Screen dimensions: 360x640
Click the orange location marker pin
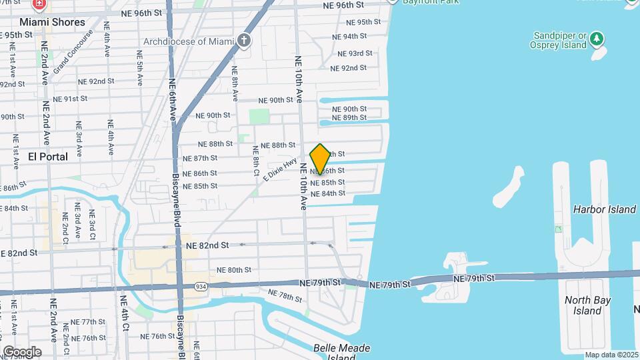(321, 159)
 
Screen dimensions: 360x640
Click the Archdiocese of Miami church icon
(244, 41)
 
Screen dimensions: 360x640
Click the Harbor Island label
(605, 209)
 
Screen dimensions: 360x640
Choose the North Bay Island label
(587, 305)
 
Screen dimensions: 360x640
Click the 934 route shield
(200, 286)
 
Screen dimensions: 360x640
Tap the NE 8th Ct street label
(255, 159)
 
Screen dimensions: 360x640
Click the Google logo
(22, 351)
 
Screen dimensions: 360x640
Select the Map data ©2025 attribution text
(611, 355)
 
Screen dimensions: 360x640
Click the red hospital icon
(39, 4)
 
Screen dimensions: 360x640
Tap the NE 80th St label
(233, 270)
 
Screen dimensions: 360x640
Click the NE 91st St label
(71, 99)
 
